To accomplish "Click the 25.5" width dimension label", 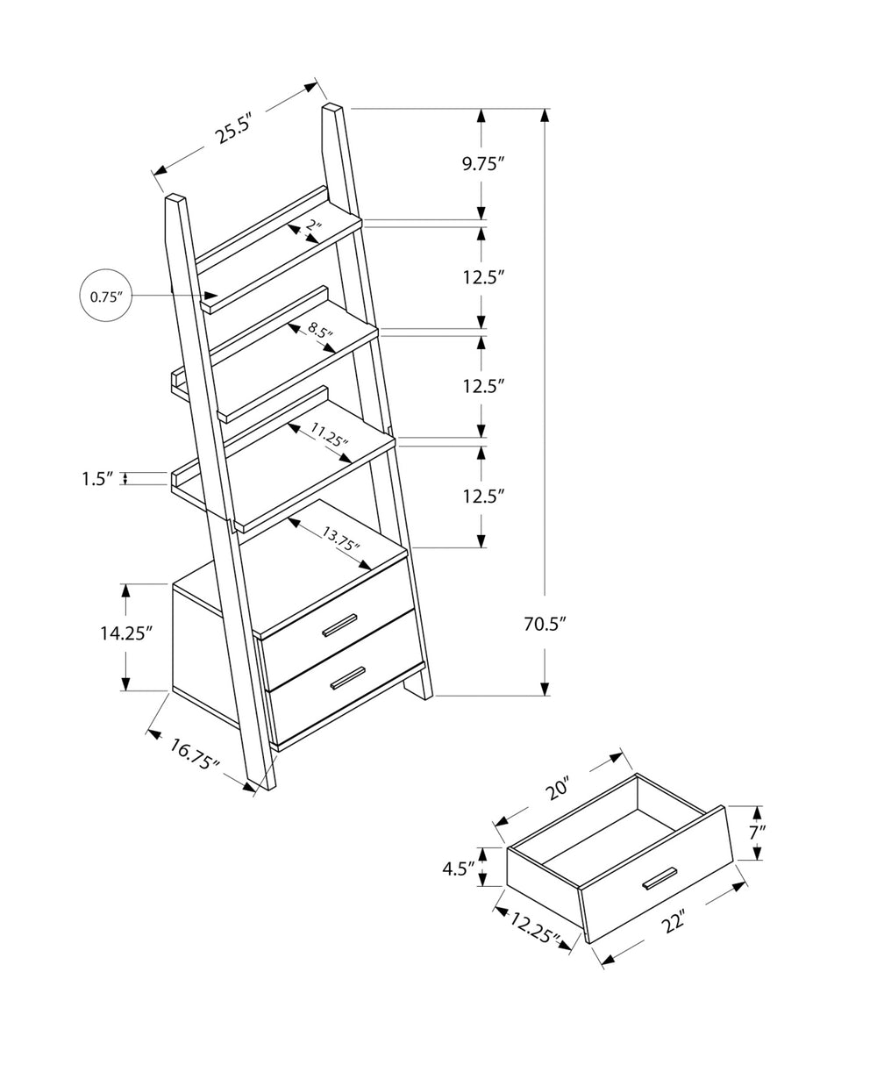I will point(234,128).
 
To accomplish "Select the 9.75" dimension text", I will point(484,163).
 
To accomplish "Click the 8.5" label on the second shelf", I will point(321,332).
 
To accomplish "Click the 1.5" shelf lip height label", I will point(98,478).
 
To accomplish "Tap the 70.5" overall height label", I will point(545,624).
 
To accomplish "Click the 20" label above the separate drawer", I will point(557,789).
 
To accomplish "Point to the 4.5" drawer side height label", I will point(458,868).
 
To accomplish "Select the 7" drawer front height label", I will point(758,833).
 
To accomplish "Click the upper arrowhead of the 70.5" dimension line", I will point(545,117).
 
